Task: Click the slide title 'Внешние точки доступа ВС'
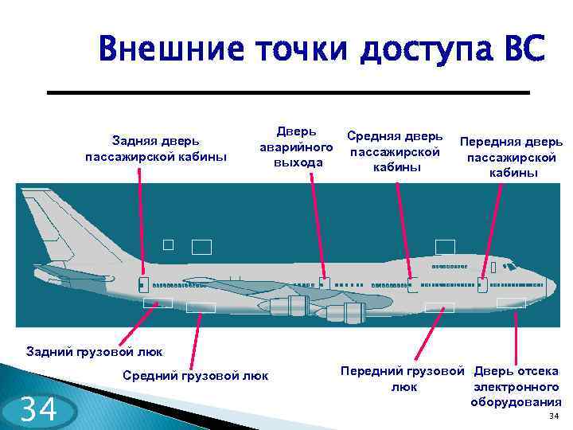point(322,49)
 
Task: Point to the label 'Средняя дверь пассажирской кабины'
point(395,151)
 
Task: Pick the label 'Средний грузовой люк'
point(196,374)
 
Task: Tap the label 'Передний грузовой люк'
point(402,379)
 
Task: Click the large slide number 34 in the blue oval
point(38,410)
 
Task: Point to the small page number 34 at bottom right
point(554,416)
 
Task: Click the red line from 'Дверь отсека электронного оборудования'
point(516,335)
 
